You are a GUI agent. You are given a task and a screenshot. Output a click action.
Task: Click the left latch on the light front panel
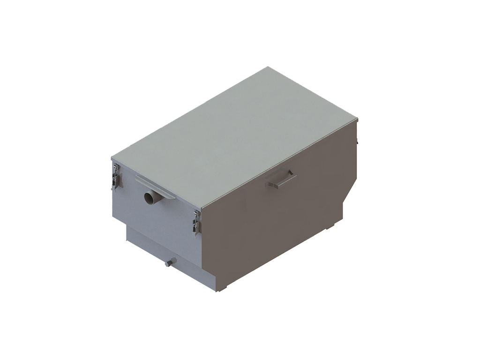click(115, 177)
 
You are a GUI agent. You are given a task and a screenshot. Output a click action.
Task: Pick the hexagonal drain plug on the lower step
click(170, 262)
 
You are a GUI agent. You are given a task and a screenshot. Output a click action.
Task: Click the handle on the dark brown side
click(280, 180)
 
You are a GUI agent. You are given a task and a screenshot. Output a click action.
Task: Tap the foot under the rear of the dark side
click(330, 226)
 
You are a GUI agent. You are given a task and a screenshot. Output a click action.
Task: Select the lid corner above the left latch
click(112, 158)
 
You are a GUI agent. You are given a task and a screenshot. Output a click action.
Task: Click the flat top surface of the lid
click(234, 136)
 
